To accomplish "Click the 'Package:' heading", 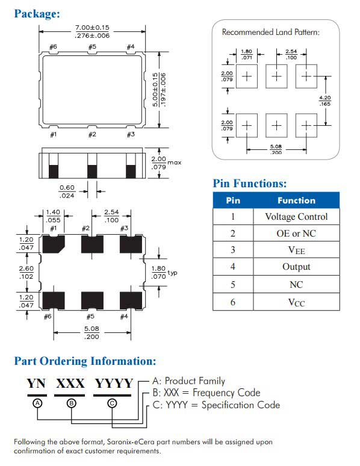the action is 37,14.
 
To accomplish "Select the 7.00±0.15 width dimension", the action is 92,28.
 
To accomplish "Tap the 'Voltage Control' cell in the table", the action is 296,217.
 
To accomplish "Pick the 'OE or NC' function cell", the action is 296,234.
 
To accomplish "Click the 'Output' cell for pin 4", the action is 296,267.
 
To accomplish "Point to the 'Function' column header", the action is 296,200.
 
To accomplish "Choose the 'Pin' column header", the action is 233,200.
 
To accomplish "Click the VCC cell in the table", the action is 296,303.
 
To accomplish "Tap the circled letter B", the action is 72,403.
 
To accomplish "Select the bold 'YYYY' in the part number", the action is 114,384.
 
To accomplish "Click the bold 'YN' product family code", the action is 36,384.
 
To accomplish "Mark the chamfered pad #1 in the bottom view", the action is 54,244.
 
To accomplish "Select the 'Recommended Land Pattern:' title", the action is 271,32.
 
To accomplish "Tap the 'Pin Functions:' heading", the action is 250,184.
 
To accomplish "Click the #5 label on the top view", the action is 93,46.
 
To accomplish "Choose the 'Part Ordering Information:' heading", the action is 85,361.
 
